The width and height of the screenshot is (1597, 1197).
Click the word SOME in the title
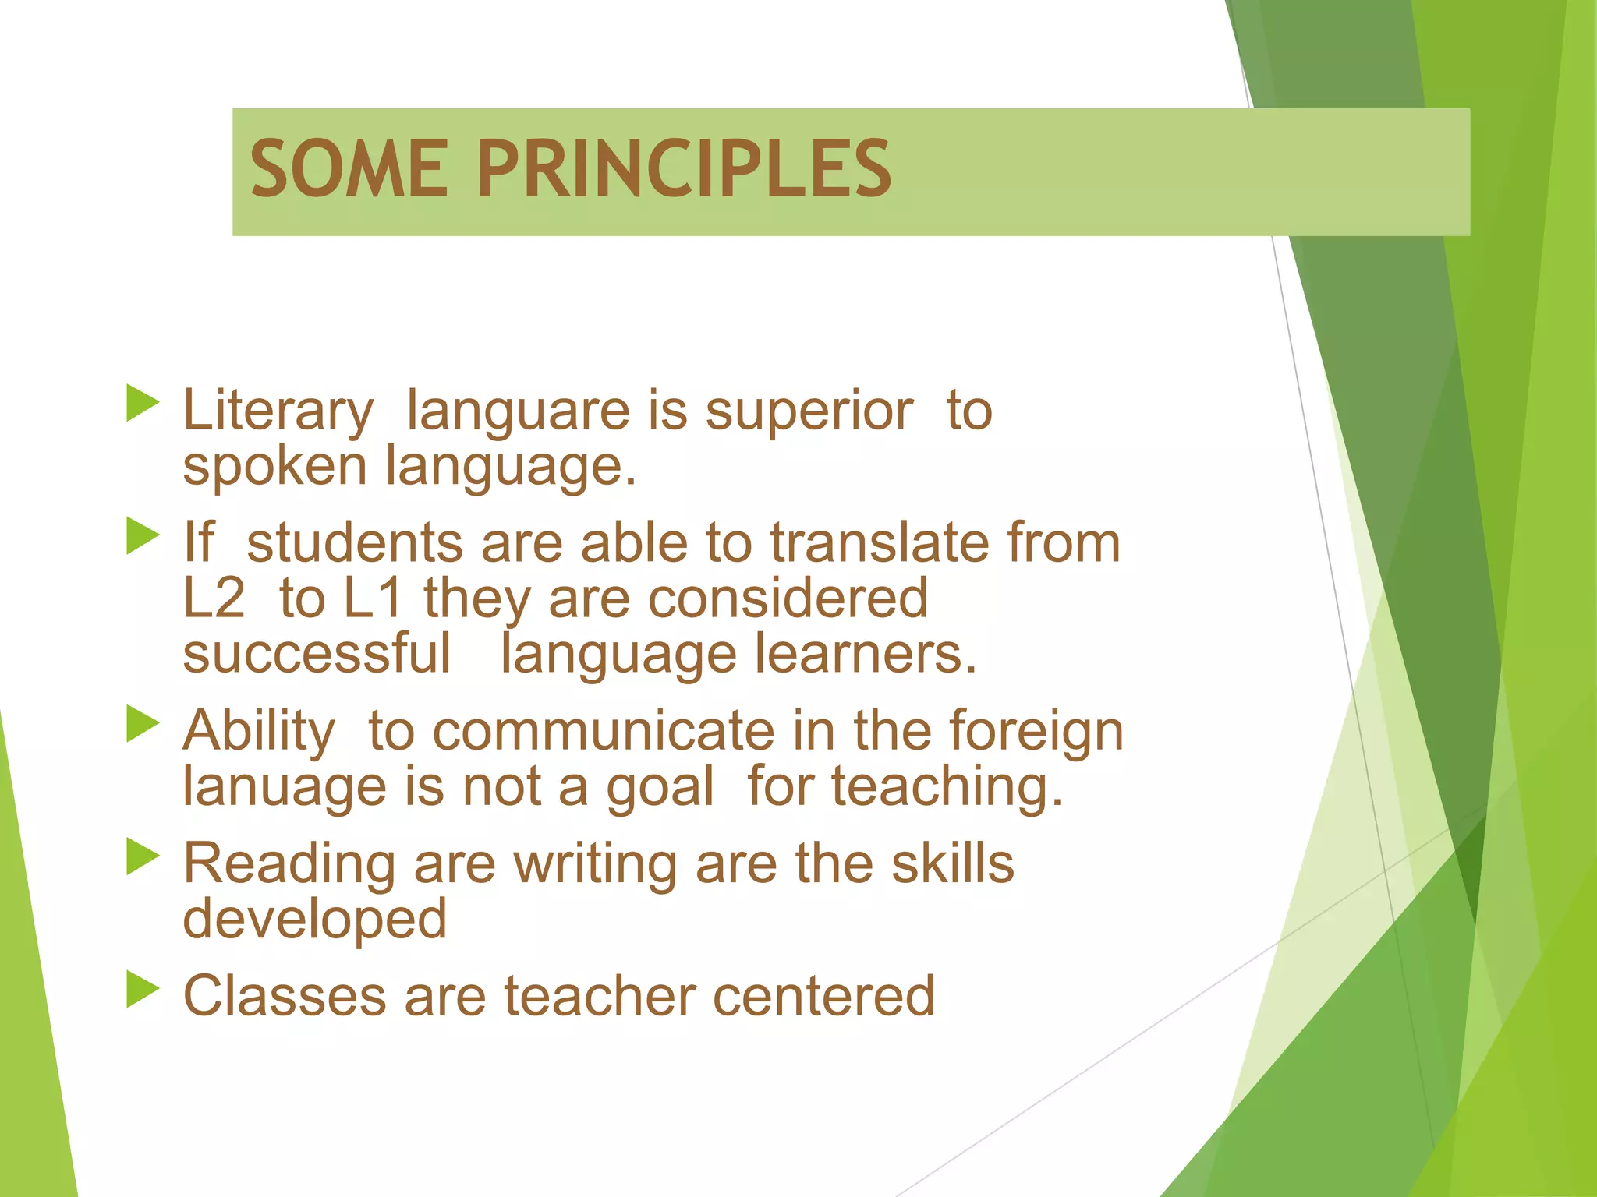pos(349,169)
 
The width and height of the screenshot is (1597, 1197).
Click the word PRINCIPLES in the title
pos(684,169)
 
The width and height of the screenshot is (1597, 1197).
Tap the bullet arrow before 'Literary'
pos(142,403)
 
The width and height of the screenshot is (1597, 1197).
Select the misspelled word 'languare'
pos(517,411)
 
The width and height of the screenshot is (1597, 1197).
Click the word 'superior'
pos(809,411)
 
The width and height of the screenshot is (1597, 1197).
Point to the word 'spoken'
pos(274,468)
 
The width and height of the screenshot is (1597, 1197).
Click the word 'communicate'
pos(603,731)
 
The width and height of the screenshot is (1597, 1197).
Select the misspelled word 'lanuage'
pos(284,787)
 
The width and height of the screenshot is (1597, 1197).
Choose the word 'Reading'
pos(289,865)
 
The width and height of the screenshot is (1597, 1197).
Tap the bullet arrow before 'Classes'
pos(142,990)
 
